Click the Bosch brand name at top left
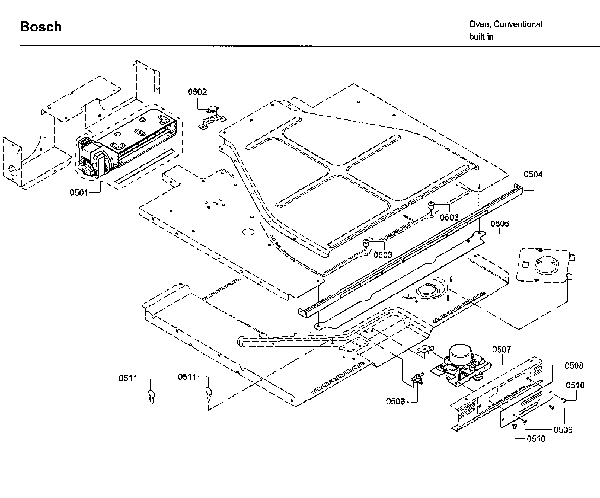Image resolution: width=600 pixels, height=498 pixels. (x=41, y=27)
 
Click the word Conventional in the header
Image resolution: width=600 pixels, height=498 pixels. (x=518, y=24)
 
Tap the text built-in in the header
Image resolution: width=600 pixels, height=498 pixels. (x=481, y=36)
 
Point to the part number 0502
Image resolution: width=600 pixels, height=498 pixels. (x=197, y=92)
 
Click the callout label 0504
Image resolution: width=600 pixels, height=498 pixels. (x=533, y=174)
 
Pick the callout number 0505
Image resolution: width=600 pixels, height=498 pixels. (x=500, y=224)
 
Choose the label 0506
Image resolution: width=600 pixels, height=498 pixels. (x=395, y=401)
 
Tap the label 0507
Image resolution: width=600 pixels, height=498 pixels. (x=501, y=350)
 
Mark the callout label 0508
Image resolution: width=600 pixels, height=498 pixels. (x=574, y=365)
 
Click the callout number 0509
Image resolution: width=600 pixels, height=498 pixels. (x=563, y=430)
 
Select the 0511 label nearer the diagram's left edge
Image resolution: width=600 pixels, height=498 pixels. (x=128, y=379)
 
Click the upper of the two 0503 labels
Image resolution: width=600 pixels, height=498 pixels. (x=449, y=217)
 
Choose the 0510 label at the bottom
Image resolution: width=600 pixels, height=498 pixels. (x=536, y=439)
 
